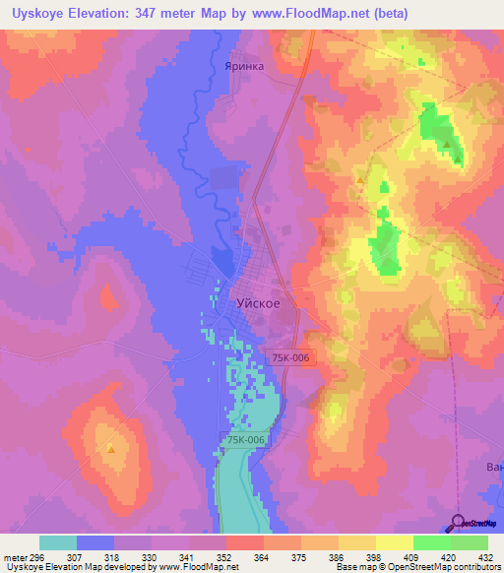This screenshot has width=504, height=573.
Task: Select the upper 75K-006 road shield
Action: click(x=293, y=361)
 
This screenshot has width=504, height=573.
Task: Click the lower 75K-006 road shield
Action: click(x=243, y=440)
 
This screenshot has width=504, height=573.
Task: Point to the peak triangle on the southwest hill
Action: click(x=110, y=449)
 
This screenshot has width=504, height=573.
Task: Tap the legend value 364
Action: click(x=262, y=556)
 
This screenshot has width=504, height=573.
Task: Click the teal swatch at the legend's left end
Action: click(x=58, y=542)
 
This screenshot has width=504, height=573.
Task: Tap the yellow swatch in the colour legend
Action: click(x=394, y=542)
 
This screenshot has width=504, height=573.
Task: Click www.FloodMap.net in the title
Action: click(x=321, y=14)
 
